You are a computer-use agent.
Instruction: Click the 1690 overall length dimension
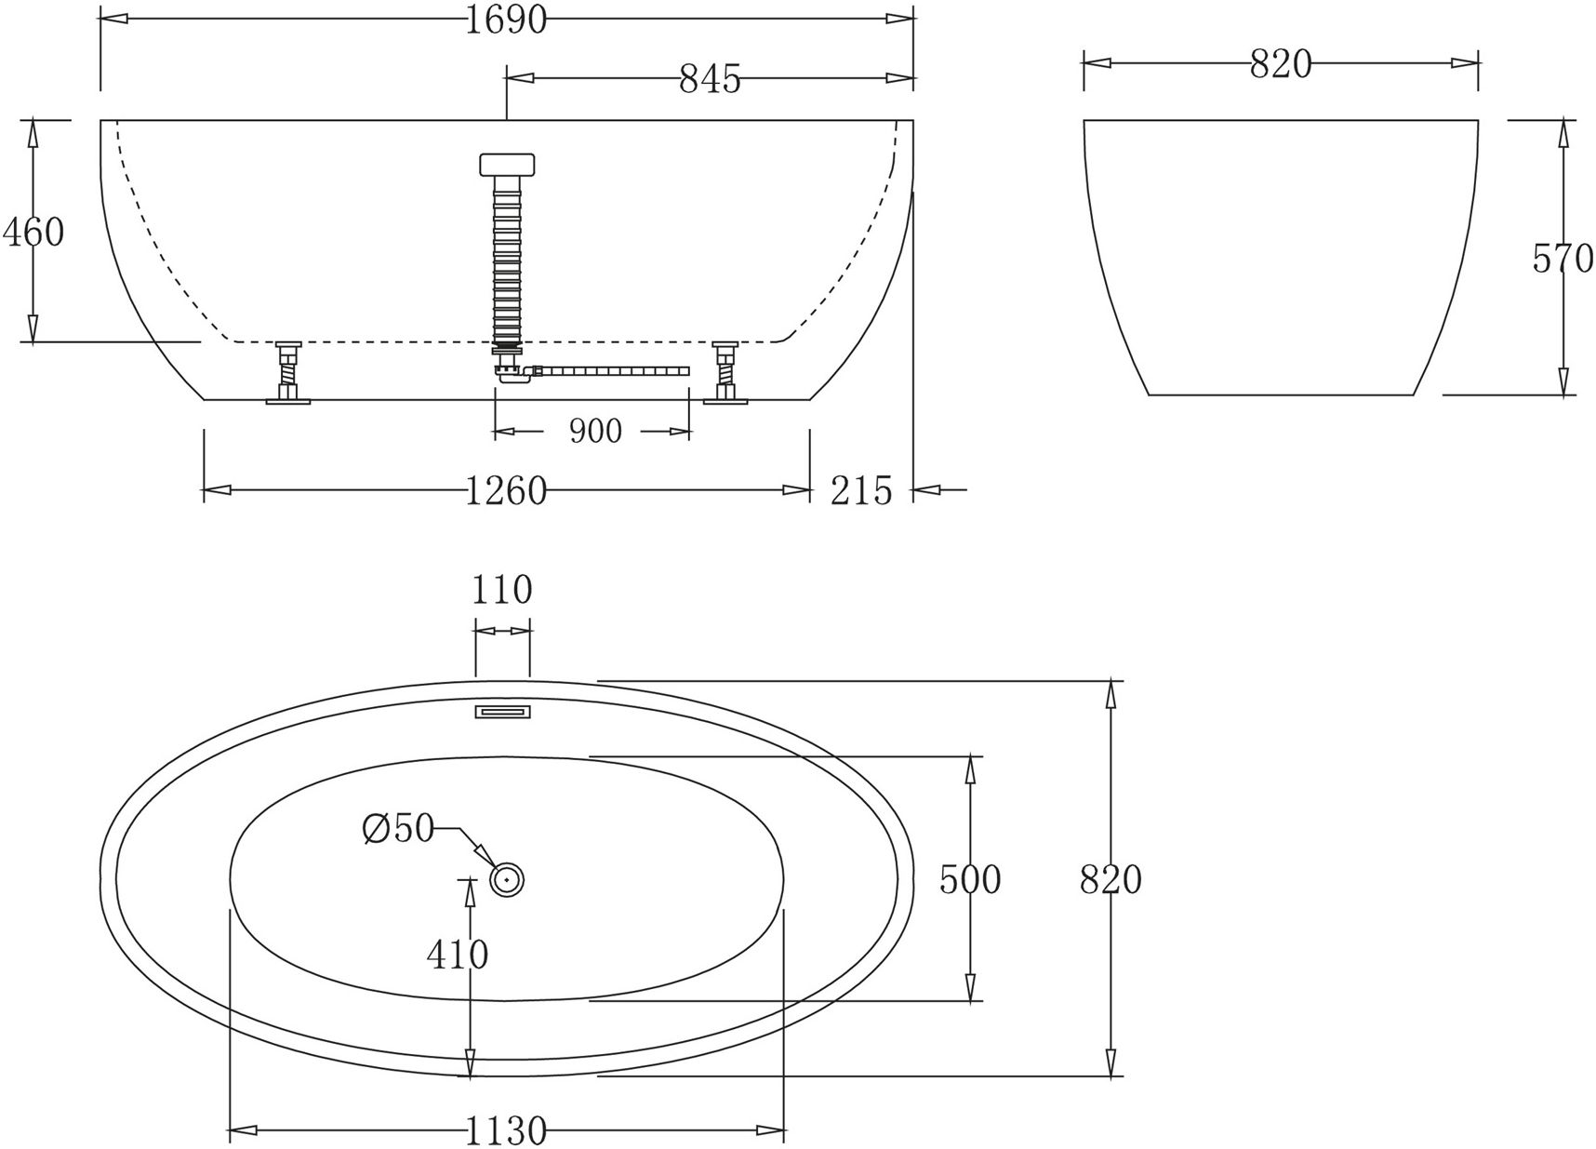tap(505, 19)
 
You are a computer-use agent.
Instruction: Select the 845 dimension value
tap(710, 79)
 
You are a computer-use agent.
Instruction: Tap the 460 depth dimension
tap(34, 232)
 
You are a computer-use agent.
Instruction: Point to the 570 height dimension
tap(1563, 259)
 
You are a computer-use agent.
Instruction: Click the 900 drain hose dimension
tap(594, 431)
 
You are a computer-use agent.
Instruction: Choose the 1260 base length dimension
tap(505, 490)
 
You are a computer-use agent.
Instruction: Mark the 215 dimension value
tap(860, 490)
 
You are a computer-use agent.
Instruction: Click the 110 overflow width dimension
tap(502, 590)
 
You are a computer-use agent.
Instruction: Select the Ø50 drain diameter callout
tap(398, 827)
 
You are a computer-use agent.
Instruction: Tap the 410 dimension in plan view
tap(457, 954)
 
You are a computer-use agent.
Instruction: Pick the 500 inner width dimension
tap(969, 879)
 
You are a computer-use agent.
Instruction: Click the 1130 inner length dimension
tap(505, 1131)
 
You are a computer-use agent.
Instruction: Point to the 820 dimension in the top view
tap(1111, 879)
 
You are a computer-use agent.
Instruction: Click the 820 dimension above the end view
tap(1280, 64)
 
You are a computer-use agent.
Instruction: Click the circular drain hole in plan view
tap(507, 878)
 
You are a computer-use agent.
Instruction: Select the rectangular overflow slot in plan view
tap(503, 712)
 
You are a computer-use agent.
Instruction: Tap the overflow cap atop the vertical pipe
tap(508, 165)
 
